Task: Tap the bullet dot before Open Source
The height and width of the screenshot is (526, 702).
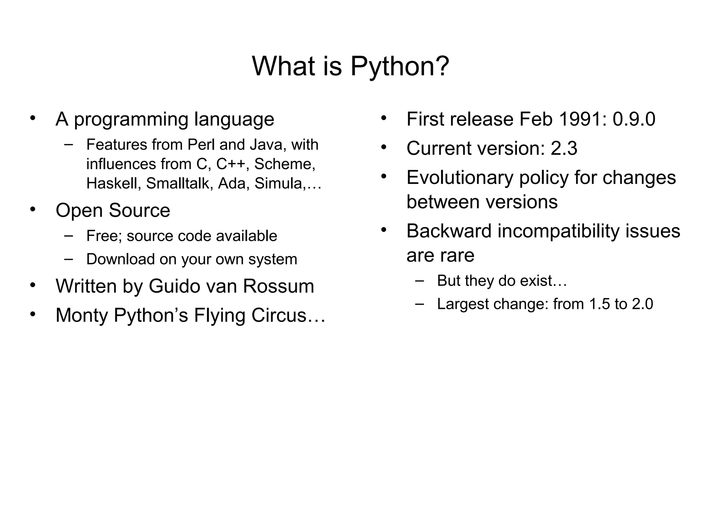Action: (33, 209)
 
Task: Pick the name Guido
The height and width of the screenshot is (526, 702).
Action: (177, 286)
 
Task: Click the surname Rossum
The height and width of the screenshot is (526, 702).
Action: (278, 286)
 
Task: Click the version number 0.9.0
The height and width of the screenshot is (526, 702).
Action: (634, 119)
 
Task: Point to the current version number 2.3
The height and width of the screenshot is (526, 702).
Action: (564, 148)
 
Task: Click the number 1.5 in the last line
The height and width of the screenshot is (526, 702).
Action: (600, 304)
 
